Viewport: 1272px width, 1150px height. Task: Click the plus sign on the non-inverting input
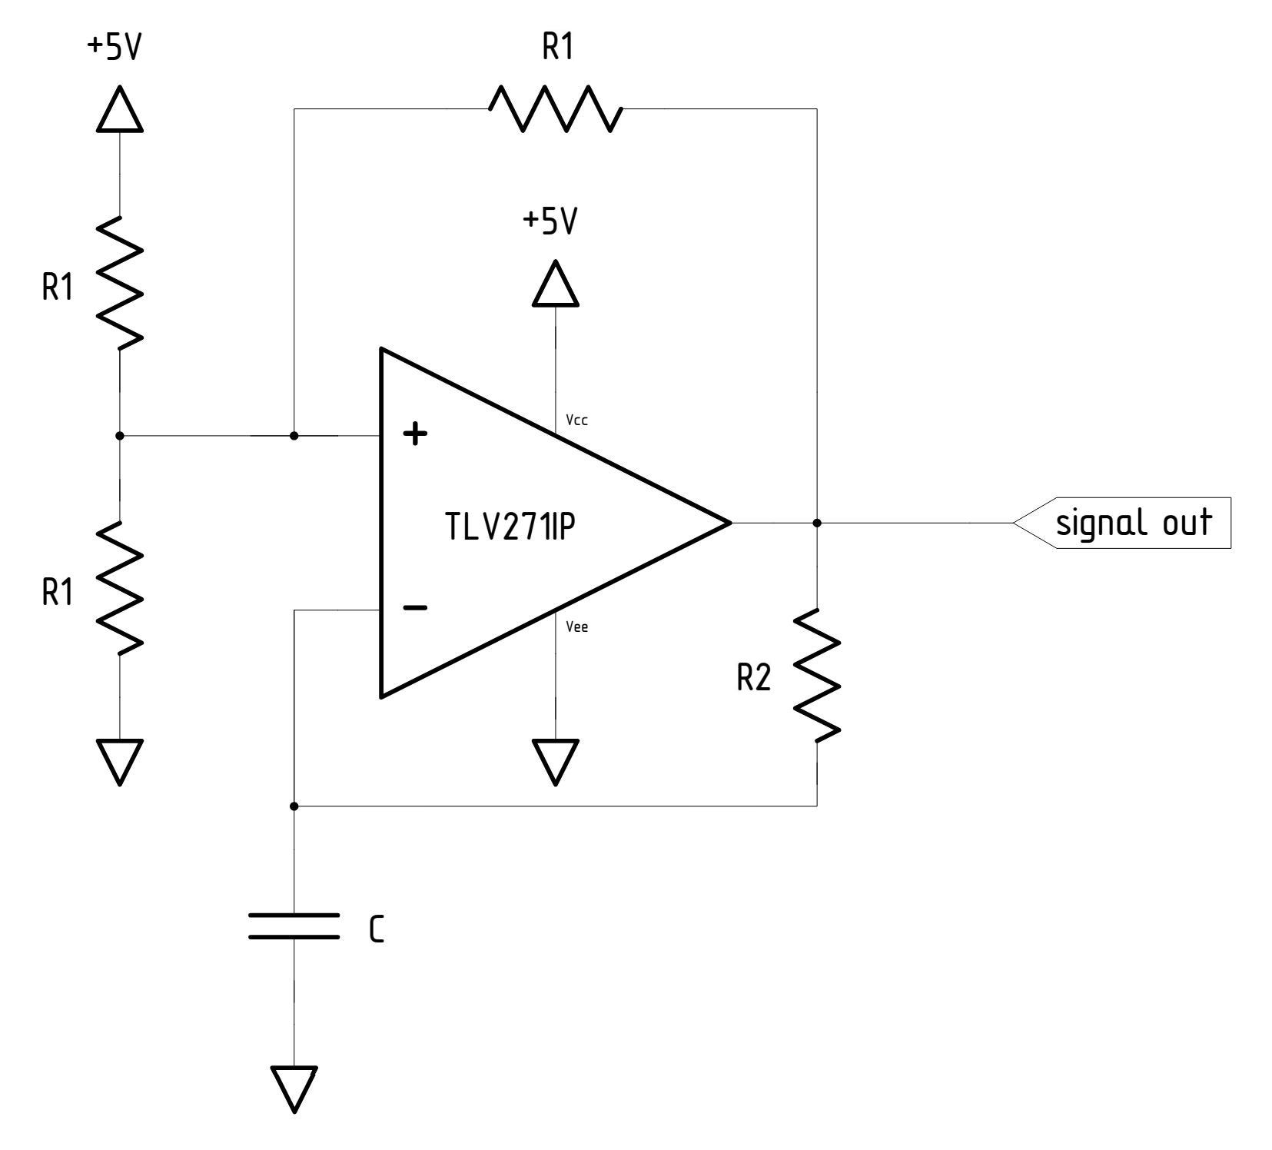pyautogui.click(x=415, y=434)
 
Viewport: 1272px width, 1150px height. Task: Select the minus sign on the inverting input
pyautogui.click(x=415, y=608)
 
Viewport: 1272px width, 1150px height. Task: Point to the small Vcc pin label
pyautogui.click(x=576, y=420)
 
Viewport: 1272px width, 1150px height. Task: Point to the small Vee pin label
pyautogui.click(x=576, y=627)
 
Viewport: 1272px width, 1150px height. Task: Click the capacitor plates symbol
pyautogui.click(x=294, y=926)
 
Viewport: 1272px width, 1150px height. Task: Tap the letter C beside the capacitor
pyautogui.click(x=376, y=930)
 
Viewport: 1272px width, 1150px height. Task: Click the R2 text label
pyautogui.click(x=752, y=678)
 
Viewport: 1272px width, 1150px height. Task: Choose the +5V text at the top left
pyautogui.click(x=115, y=48)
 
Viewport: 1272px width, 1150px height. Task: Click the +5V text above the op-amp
pyautogui.click(x=550, y=222)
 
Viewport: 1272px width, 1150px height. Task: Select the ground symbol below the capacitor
pyautogui.click(x=294, y=1089)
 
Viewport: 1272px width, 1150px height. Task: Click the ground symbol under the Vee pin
pyautogui.click(x=555, y=761)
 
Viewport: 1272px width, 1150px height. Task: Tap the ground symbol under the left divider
pyautogui.click(x=120, y=761)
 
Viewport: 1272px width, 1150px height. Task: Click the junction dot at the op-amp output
pyautogui.click(x=816, y=523)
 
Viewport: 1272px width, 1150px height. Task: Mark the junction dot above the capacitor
pyautogui.click(x=294, y=806)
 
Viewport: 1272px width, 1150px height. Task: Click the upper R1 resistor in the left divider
pyautogui.click(x=120, y=282)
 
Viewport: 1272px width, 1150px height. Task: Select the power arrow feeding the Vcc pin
pyautogui.click(x=555, y=285)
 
